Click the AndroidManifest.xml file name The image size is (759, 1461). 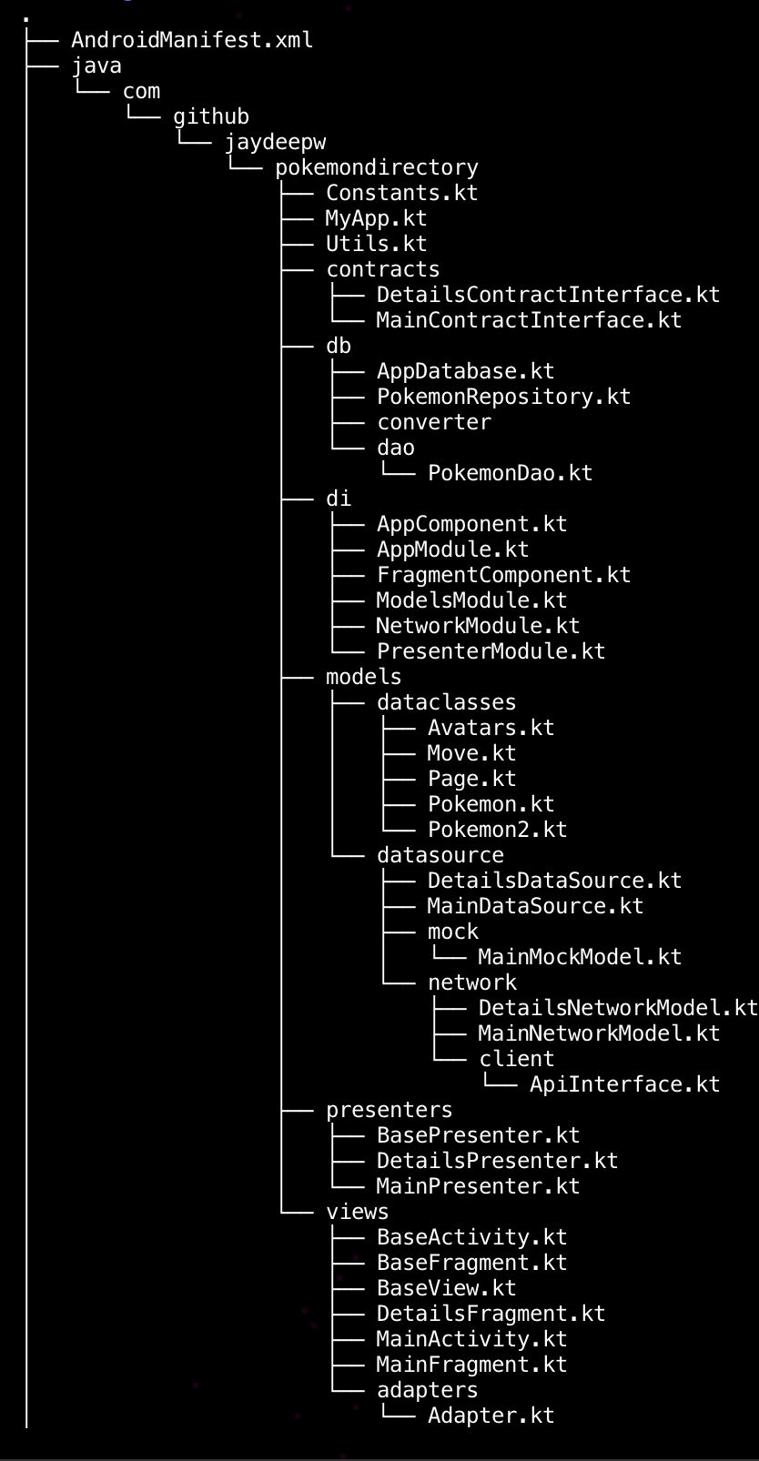[192, 40]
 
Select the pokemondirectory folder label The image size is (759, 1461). [376, 167]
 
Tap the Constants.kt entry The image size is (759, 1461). [401, 193]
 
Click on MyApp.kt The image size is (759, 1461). [376, 218]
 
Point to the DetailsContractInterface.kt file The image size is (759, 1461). [548, 295]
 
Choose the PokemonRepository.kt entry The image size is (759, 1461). [503, 397]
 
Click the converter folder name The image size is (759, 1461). [434, 422]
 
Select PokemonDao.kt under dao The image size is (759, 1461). [510, 473]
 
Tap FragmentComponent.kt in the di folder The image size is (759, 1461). [503, 575]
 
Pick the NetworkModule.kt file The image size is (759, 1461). [478, 626]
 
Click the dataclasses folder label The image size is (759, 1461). [446, 702]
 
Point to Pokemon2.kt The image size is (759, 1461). [497, 830]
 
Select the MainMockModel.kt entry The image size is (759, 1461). [580, 957]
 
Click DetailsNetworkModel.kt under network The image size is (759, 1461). [618, 1008]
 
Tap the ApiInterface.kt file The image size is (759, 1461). [624, 1084]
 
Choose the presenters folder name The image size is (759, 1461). [389, 1110]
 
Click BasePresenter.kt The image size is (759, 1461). [478, 1135]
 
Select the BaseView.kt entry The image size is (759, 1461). [446, 1288]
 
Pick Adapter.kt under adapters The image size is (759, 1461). [491, 1416]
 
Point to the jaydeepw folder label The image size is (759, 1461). [275, 142]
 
